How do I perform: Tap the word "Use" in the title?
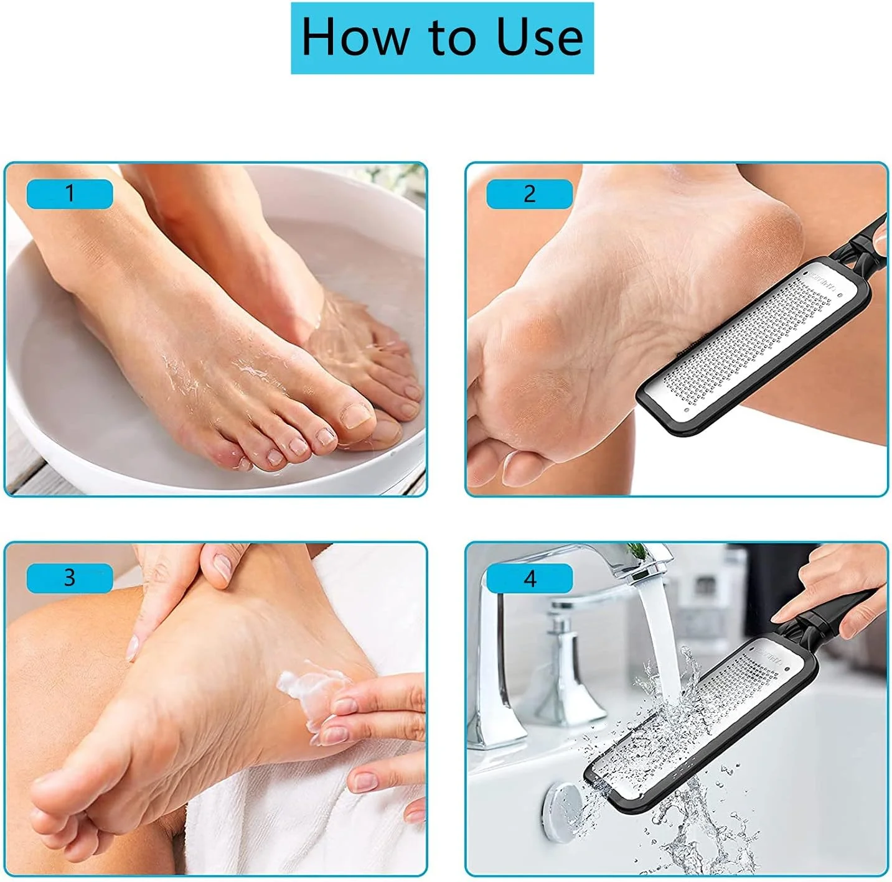(539, 37)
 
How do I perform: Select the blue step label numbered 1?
(70, 193)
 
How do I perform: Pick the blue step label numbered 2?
(529, 193)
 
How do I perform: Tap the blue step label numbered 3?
(70, 578)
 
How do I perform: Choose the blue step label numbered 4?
(529, 578)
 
